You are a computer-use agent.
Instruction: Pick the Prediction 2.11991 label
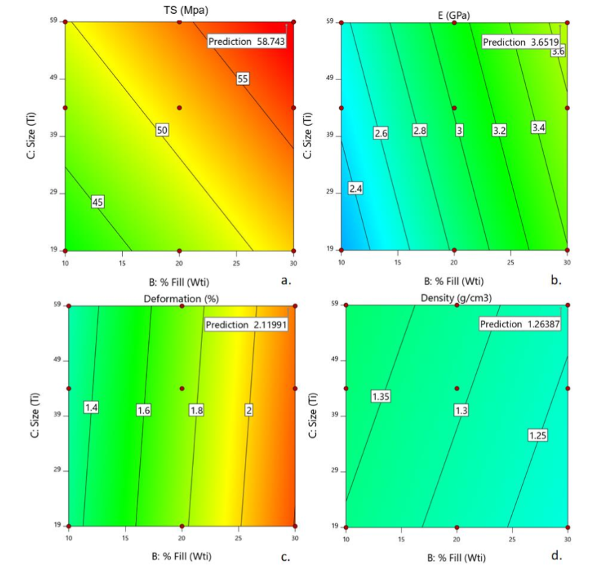[x=246, y=325]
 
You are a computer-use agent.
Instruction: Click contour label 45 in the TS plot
[x=97, y=202]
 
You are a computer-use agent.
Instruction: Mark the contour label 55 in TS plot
[x=242, y=79]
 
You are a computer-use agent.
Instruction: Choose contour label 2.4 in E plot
[x=355, y=188]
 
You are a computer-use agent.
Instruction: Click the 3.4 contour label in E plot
[x=538, y=127]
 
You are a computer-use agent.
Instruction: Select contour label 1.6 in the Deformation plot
[x=143, y=410]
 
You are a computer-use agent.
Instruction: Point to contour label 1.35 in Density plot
[x=382, y=396]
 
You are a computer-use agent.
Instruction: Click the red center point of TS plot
[x=179, y=108]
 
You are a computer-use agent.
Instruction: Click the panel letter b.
[x=557, y=280]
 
